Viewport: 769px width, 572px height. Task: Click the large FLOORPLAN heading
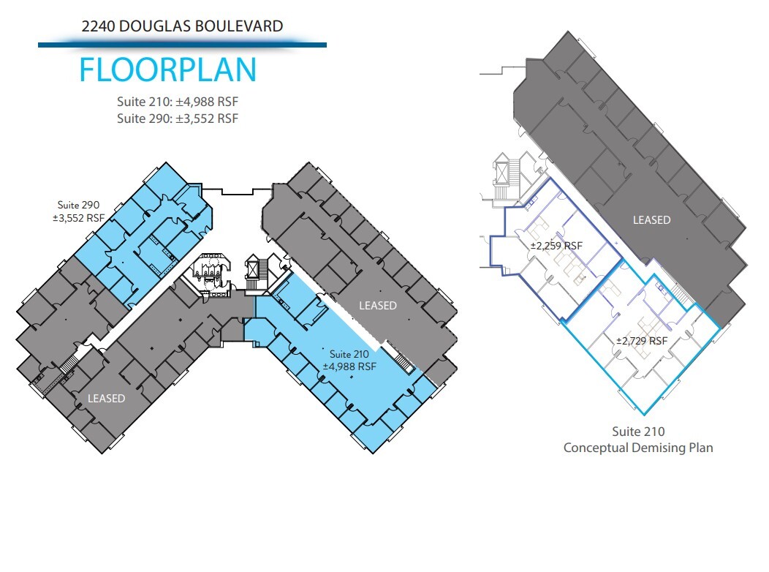coord(167,69)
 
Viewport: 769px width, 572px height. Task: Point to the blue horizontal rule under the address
coord(182,45)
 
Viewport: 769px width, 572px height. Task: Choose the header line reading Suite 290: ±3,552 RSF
coord(178,118)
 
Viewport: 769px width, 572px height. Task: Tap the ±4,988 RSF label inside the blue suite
coord(349,366)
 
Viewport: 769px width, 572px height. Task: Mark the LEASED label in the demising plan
coord(651,219)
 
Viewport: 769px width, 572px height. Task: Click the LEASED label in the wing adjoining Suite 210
coord(377,305)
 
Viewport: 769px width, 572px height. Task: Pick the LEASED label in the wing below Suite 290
coord(107,399)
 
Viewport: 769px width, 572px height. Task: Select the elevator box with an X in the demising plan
coord(504,173)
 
